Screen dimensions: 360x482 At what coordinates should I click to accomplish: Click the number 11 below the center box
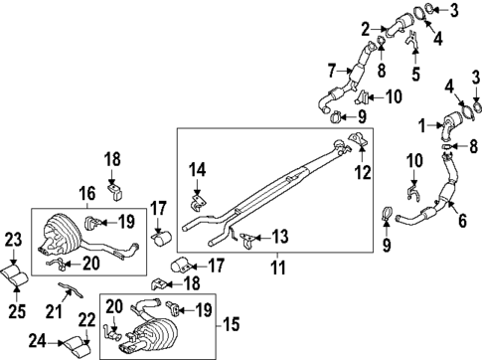278,266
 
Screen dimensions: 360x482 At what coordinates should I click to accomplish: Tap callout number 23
13,239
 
